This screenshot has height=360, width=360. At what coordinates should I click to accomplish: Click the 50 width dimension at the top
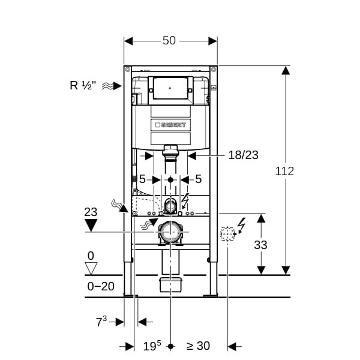point(169,41)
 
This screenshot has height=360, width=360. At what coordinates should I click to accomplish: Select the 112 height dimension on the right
point(284,171)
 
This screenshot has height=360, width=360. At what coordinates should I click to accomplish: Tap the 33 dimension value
point(260,245)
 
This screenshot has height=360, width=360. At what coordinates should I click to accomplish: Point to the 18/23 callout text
point(244,155)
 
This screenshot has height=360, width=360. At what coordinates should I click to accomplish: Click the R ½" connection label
point(83,86)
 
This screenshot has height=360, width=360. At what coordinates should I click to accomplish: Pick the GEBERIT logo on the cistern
point(170,125)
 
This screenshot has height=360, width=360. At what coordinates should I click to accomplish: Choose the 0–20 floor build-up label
point(101,286)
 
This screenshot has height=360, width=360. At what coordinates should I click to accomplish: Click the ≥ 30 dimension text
point(198,346)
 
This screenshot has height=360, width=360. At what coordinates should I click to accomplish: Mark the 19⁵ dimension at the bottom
point(152,346)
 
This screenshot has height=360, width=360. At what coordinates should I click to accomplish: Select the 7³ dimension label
point(101,322)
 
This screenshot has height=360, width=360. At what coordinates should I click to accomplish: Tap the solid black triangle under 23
point(91,225)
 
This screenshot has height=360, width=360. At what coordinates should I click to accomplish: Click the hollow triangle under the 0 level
point(91,268)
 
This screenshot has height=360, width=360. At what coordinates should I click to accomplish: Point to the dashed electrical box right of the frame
point(227,234)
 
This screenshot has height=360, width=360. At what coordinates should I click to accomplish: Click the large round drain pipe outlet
point(170,232)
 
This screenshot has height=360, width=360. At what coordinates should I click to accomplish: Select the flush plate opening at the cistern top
point(170,88)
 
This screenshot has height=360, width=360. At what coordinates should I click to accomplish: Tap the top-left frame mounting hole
point(128,69)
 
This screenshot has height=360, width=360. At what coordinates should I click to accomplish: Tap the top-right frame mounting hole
point(214,69)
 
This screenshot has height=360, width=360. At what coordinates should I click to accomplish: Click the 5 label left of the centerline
point(142,179)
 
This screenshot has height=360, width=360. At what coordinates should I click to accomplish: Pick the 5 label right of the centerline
point(199,179)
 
